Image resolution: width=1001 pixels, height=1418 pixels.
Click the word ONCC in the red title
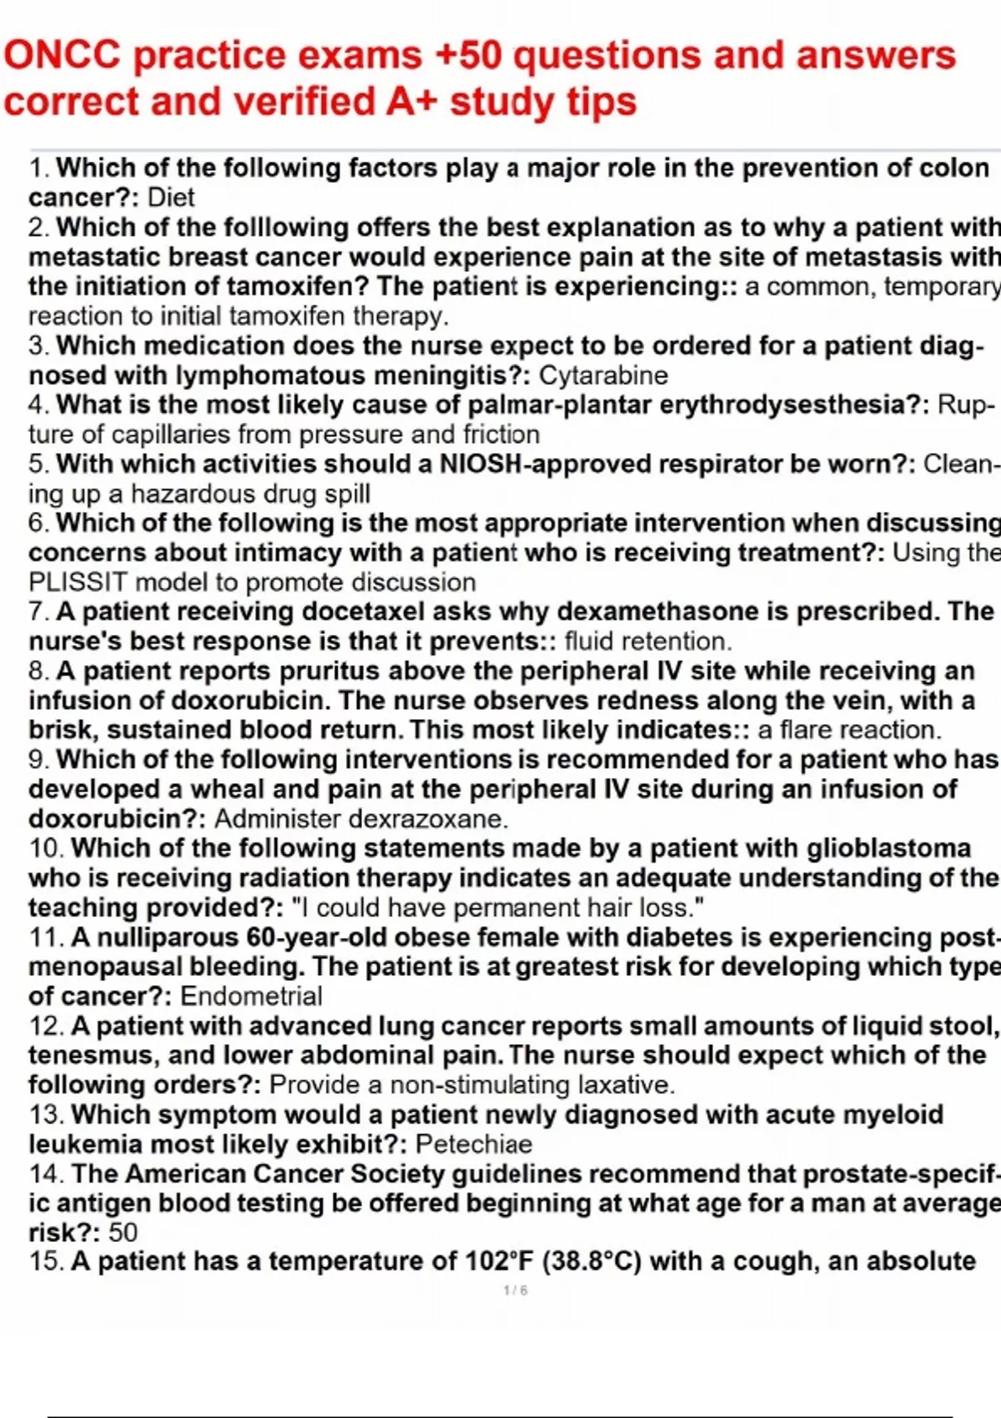click(x=63, y=56)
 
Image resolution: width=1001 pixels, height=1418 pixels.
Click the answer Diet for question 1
click(x=171, y=198)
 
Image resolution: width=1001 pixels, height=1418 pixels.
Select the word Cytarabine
click(x=603, y=375)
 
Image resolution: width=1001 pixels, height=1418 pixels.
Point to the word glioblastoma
click(x=888, y=848)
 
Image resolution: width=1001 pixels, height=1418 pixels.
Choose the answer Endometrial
click(x=251, y=996)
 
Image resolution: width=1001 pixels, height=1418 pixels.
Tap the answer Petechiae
click(x=474, y=1144)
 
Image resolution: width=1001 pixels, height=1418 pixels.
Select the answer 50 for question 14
click(x=123, y=1232)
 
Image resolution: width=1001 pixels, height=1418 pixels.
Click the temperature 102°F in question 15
click(x=500, y=1261)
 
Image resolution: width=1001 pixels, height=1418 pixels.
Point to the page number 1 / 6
click(x=516, y=1290)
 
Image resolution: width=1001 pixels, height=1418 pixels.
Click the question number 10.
click(x=46, y=848)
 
